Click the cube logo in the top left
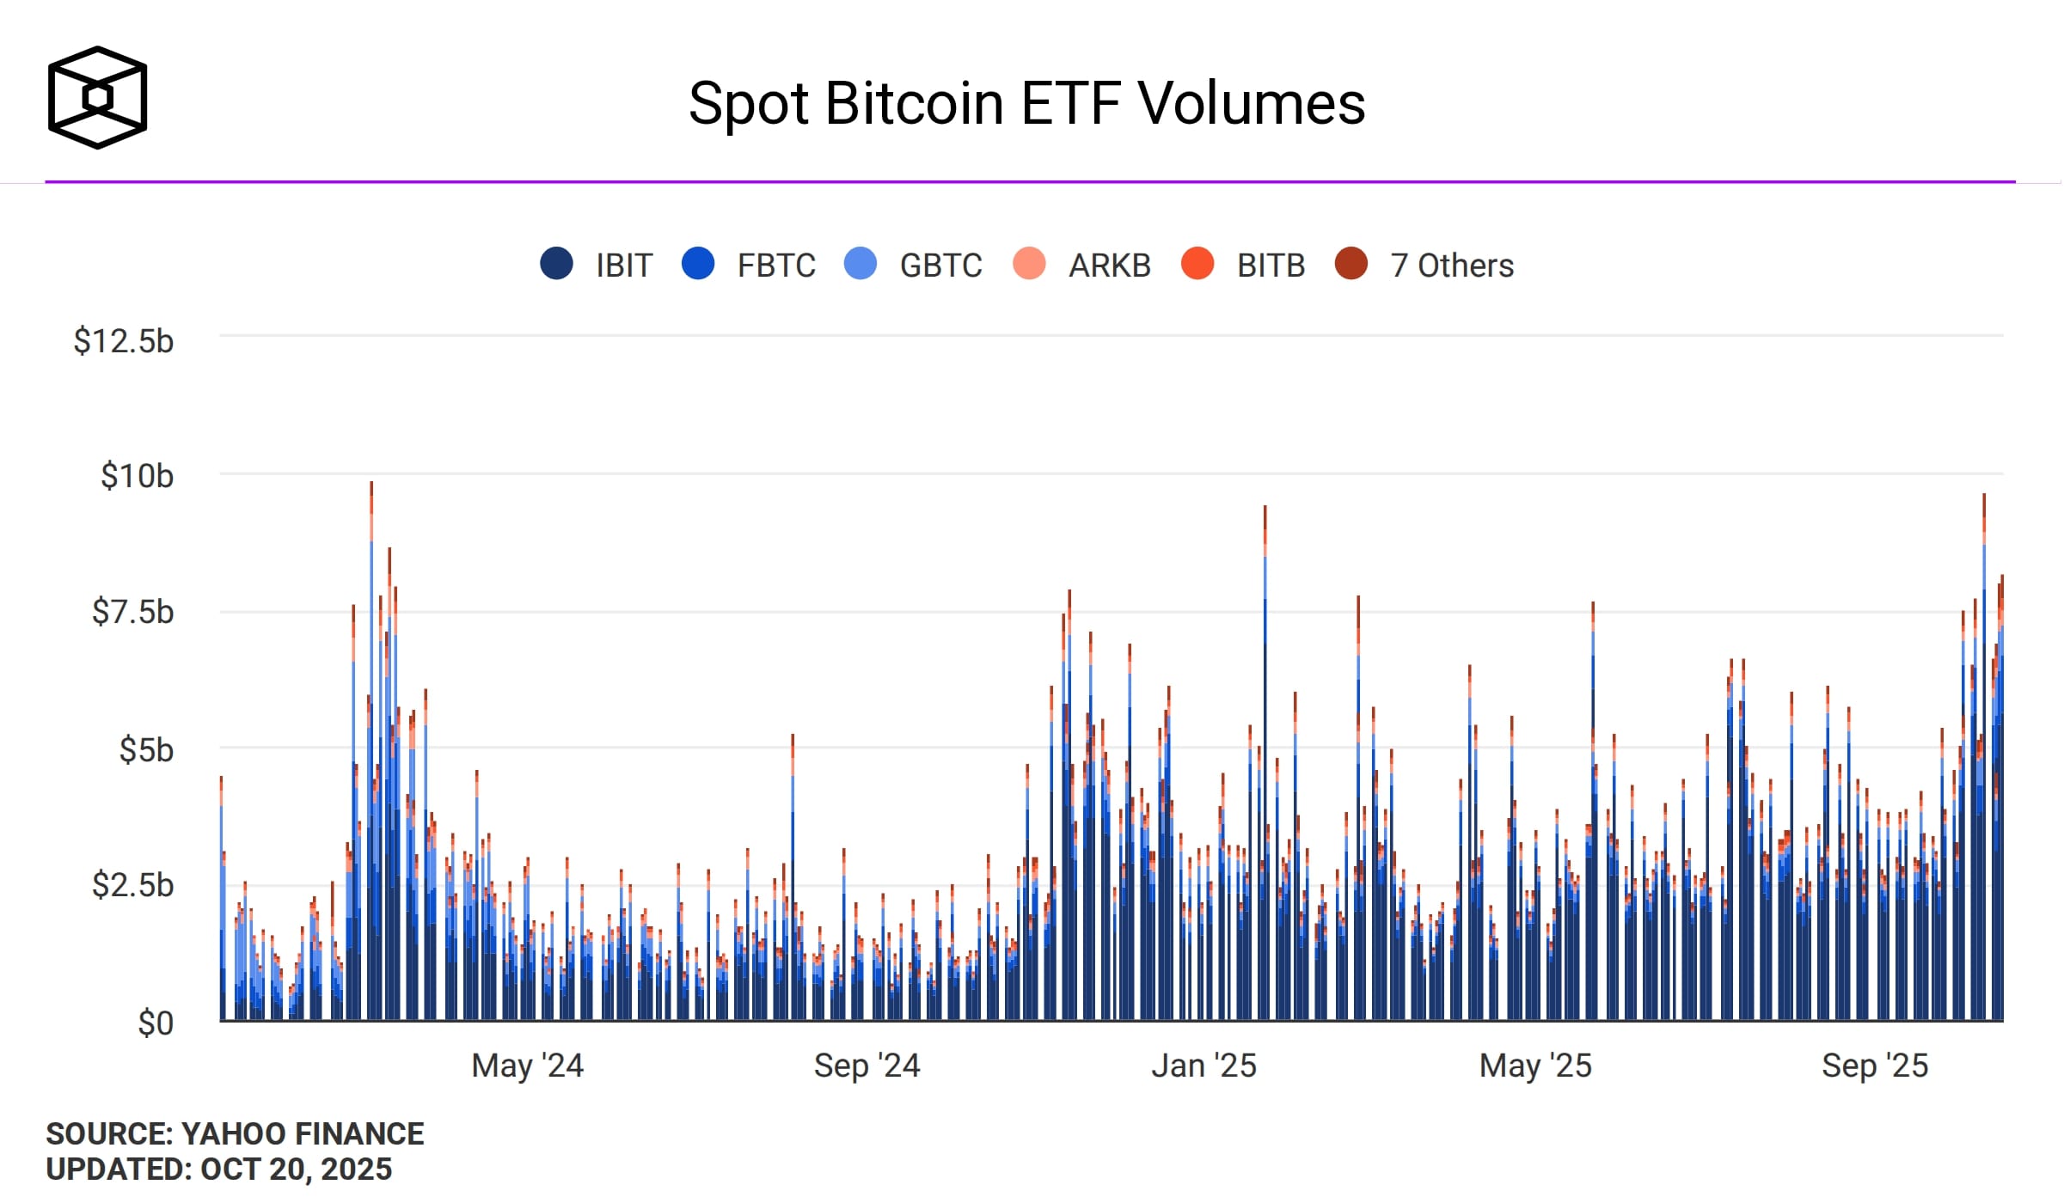tap(97, 97)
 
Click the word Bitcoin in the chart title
tap(915, 104)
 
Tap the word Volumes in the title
tap(1252, 104)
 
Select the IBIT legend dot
tap(556, 263)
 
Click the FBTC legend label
tap(776, 266)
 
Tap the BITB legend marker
tap(1197, 263)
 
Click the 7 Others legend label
tap(1452, 266)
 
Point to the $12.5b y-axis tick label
tap(124, 341)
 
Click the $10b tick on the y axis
tap(137, 476)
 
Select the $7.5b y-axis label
tap(132, 612)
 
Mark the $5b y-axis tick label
tap(146, 750)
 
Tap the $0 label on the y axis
tap(156, 1023)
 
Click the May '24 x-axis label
tap(527, 1066)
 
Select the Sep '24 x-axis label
tap(867, 1066)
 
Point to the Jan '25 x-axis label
tap(1203, 1066)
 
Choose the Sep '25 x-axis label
tap(1874, 1066)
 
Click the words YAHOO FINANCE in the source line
tap(303, 1133)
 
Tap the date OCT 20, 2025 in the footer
tap(296, 1169)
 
